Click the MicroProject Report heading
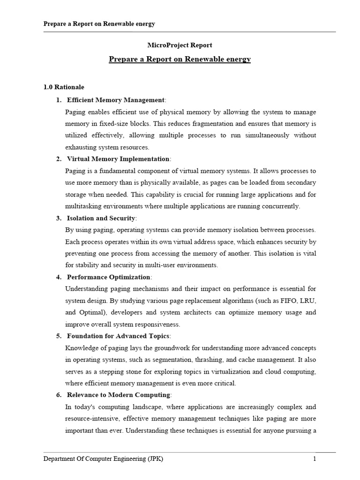[180, 45]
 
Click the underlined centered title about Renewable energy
[180, 59]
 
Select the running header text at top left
[99, 23]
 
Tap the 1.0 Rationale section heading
[64, 87]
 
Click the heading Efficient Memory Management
[116, 100]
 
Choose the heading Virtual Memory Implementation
[118, 159]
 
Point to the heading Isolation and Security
[101, 218]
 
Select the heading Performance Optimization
[109, 277]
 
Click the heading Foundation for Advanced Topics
[118, 336]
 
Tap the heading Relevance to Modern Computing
[119, 395]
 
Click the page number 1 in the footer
[315, 459]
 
